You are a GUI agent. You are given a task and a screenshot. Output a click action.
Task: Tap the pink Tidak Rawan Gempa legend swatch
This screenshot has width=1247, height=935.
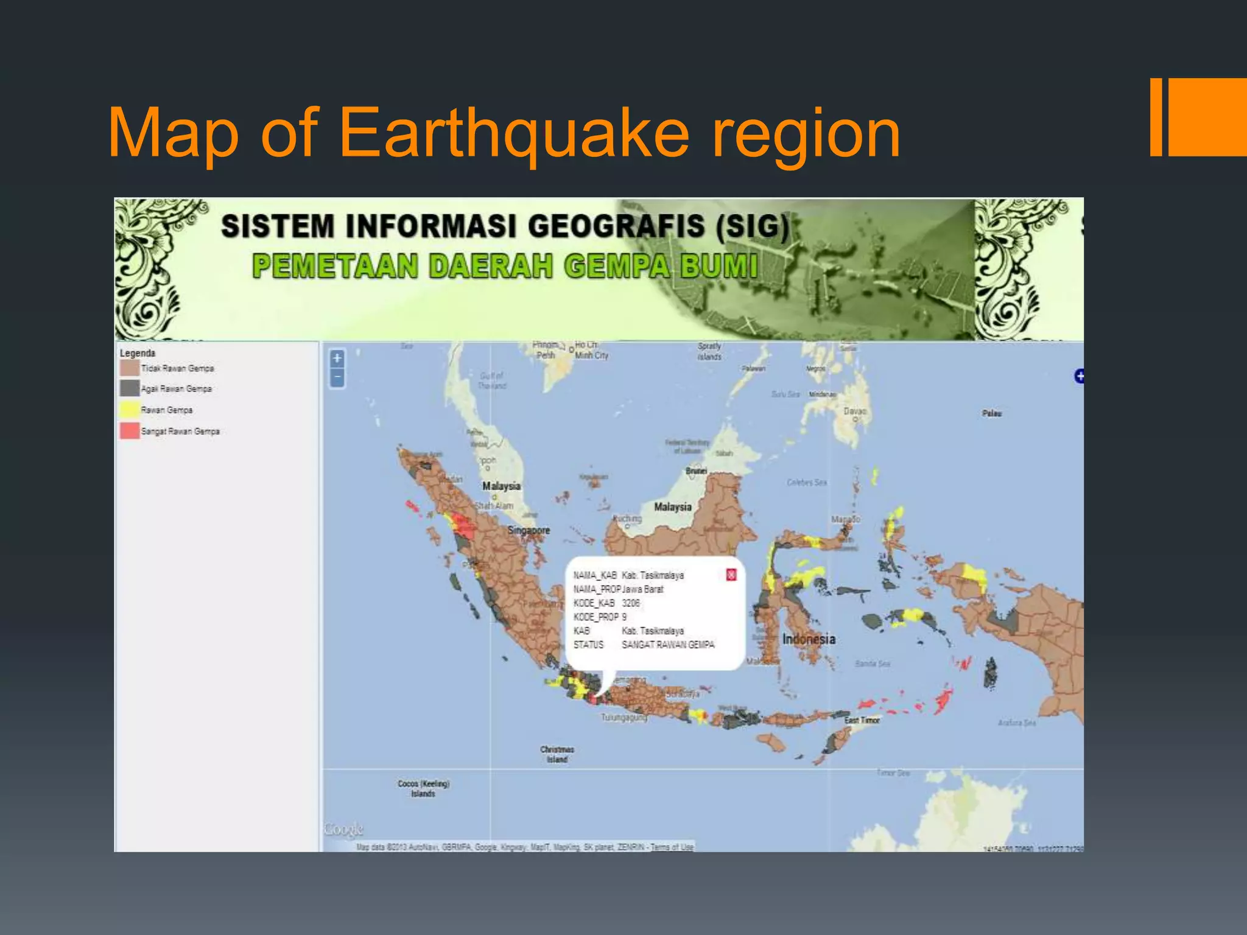(x=130, y=368)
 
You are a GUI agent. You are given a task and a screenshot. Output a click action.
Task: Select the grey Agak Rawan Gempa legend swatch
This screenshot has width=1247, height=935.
(x=130, y=388)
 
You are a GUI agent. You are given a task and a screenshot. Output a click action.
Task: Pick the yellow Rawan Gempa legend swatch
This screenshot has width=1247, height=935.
(x=130, y=410)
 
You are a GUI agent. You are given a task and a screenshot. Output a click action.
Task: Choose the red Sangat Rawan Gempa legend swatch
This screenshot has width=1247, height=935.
(x=130, y=431)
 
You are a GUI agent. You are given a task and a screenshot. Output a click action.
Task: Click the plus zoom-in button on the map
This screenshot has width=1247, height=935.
(x=337, y=359)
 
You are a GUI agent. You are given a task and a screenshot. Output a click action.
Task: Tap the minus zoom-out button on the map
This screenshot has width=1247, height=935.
(x=337, y=378)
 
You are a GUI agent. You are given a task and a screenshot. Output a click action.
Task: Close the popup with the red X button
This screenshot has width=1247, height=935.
(x=731, y=575)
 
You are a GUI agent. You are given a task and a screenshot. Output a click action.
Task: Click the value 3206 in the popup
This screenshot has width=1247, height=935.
(x=631, y=603)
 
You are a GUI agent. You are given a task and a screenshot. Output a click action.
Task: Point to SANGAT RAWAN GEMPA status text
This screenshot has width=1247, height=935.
(x=667, y=645)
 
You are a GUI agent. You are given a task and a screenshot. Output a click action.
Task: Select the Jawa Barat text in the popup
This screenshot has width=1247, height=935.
(x=643, y=589)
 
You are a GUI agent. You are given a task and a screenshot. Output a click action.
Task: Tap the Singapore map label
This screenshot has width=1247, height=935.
(x=529, y=530)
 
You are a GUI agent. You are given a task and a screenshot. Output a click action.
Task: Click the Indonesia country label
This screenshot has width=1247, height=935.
(x=809, y=639)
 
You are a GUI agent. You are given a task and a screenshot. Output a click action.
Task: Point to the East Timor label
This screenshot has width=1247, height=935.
(x=862, y=720)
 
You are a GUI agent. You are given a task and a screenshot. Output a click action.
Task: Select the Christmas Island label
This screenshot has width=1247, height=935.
(x=557, y=754)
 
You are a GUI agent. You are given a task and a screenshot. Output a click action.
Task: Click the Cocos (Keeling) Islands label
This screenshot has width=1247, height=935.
(x=423, y=788)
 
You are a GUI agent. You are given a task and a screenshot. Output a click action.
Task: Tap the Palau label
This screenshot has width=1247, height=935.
(x=991, y=413)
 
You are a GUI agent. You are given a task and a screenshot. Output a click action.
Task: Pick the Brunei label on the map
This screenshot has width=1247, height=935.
(x=696, y=471)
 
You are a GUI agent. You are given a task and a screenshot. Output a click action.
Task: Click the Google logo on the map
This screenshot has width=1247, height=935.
(x=344, y=829)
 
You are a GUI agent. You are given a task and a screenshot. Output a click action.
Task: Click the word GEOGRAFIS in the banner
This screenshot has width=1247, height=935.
(x=616, y=226)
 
